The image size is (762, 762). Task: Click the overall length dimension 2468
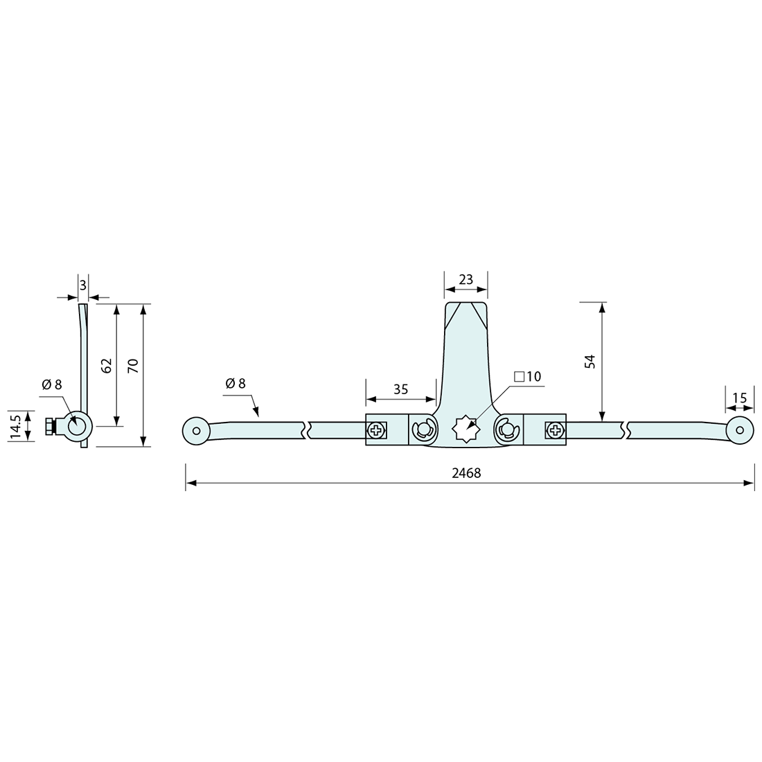point(466,473)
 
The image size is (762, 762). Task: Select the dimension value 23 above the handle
point(466,279)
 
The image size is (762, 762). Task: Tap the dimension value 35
point(400,389)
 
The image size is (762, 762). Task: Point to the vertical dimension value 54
point(590,361)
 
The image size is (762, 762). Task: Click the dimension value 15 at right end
point(739,398)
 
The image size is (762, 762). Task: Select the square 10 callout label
point(527,377)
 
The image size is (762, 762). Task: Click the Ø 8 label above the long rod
point(236,384)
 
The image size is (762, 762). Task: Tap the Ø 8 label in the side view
point(51,384)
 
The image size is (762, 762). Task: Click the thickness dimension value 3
point(82,285)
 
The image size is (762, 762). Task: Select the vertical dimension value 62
point(106,366)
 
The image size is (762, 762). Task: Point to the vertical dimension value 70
point(134,366)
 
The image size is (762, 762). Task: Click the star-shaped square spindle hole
point(465,430)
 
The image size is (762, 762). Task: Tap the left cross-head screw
point(376,431)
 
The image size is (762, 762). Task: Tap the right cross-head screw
point(556,431)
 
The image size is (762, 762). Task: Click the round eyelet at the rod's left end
point(196,431)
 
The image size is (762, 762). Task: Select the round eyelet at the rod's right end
point(740,430)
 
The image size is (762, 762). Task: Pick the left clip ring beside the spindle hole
point(422,431)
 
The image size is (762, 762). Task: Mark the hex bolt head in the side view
point(49,427)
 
